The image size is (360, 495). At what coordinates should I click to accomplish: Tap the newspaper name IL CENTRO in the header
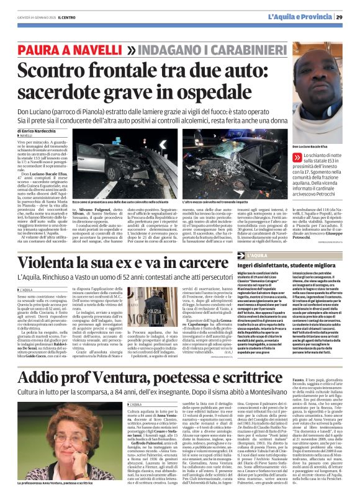click(x=70, y=17)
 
